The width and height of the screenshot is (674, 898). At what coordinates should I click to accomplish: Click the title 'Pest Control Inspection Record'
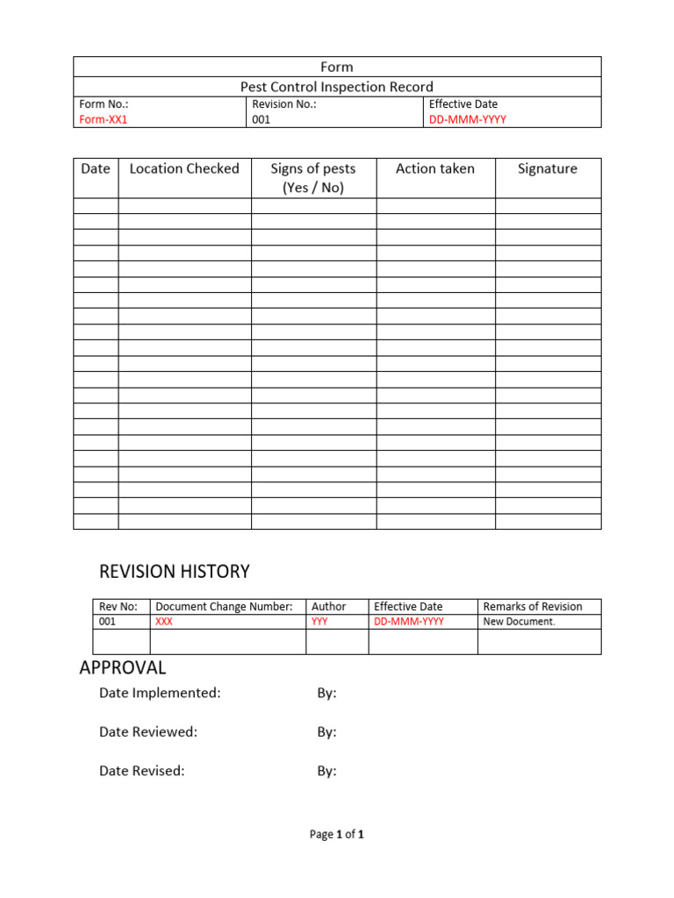tap(337, 87)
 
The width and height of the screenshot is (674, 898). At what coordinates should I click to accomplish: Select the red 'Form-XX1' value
tap(104, 120)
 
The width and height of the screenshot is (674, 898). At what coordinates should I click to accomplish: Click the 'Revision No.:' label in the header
tap(283, 104)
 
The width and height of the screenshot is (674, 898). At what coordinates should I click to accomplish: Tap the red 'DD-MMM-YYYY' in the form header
tap(467, 120)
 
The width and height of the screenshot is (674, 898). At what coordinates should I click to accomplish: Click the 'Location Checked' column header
tap(184, 168)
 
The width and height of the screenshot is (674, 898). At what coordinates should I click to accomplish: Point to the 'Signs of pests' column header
tap(313, 168)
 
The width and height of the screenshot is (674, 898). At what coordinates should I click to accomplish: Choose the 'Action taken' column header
tap(435, 168)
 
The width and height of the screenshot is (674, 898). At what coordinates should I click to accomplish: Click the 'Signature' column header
tap(548, 168)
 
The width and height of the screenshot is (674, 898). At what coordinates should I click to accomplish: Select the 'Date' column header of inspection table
tap(96, 168)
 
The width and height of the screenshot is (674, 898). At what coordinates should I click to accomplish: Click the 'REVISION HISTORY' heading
tap(175, 572)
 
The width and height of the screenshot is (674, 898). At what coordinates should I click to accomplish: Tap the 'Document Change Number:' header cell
tap(224, 606)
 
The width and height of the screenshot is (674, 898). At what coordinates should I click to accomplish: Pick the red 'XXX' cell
tap(164, 622)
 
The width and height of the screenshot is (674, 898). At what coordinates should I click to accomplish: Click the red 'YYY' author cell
tap(319, 622)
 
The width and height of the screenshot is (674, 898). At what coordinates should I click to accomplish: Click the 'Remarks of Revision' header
tap(533, 606)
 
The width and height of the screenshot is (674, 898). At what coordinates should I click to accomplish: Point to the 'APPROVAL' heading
tap(123, 667)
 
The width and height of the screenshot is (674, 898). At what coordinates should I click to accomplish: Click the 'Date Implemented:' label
tap(160, 693)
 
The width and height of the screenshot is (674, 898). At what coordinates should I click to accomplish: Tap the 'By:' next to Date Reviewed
tap(326, 732)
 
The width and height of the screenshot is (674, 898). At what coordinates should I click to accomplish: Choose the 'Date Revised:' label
tap(142, 772)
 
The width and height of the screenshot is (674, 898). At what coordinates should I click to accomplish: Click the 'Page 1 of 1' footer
tap(337, 835)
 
